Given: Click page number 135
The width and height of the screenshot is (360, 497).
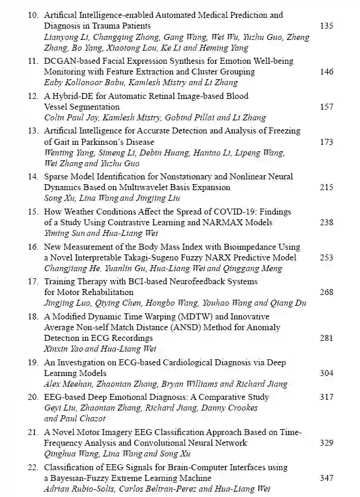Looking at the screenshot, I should coord(327,26).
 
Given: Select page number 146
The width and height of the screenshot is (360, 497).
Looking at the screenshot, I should coord(327,72).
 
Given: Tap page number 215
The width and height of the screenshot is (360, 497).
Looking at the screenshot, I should coord(327,188).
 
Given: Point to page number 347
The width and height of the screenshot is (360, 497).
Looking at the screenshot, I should coord(327,479).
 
